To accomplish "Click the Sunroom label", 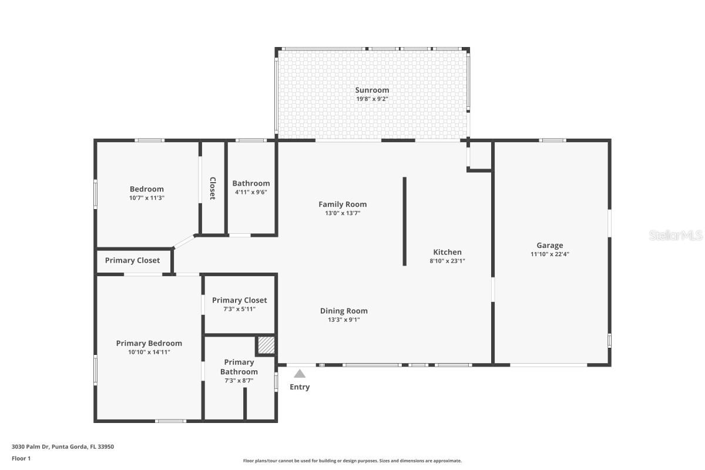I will tap(372, 90).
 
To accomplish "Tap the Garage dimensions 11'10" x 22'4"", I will tap(549, 254).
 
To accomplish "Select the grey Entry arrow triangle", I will tap(300, 374).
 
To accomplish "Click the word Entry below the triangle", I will tap(300, 387).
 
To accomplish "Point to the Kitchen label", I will tap(447, 252).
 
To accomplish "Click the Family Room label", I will tap(343, 204).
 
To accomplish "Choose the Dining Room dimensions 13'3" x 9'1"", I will tap(344, 320).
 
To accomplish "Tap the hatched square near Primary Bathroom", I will tap(266, 345).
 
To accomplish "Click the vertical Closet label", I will tap(213, 188).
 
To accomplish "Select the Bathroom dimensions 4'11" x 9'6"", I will tap(251, 192).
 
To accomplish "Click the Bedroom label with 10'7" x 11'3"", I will tap(146, 189).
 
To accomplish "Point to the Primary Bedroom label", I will tap(149, 343).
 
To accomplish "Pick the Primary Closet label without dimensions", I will tap(132, 260).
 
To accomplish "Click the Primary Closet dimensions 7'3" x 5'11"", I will tap(239, 308).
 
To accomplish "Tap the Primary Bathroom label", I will tap(239, 367).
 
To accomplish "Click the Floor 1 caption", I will tap(21, 458).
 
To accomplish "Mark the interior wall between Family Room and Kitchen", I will tap(404, 221).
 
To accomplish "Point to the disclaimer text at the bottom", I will tap(352, 461).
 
